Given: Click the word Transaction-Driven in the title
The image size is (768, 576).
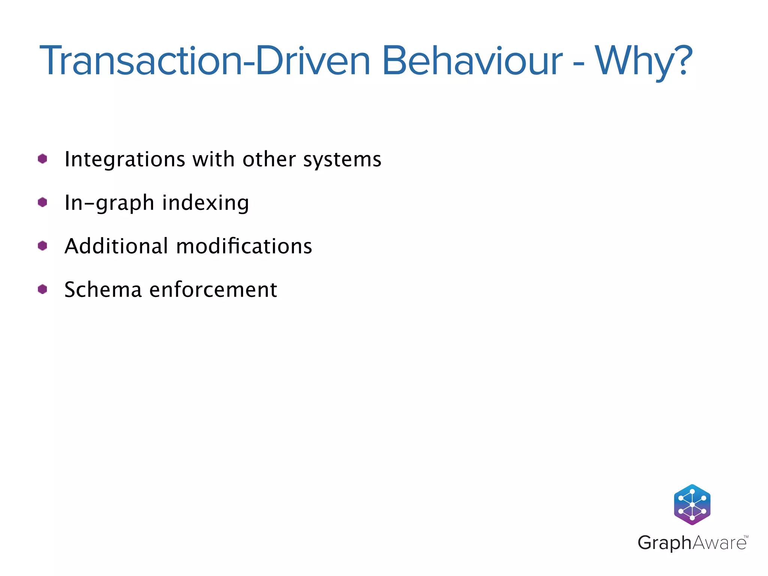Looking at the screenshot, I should (204, 61).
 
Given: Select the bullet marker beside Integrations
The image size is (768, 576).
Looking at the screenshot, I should (42, 159).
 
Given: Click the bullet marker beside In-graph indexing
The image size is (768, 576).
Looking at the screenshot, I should (42, 202).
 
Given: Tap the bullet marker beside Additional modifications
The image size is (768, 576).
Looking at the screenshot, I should (42, 246).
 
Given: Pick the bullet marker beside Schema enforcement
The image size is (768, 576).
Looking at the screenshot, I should (42, 289).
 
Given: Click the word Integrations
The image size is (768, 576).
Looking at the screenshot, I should (125, 160).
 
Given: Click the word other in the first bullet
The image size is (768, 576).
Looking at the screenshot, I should (269, 159).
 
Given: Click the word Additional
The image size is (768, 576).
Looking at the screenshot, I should (116, 246).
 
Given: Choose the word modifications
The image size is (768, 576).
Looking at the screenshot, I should (244, 246).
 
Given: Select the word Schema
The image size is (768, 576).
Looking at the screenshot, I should (103, 290).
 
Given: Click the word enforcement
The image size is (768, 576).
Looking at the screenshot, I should (213, 290).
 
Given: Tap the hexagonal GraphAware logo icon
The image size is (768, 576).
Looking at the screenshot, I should (692, 504).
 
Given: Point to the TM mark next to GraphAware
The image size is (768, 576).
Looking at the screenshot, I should (745, 537).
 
